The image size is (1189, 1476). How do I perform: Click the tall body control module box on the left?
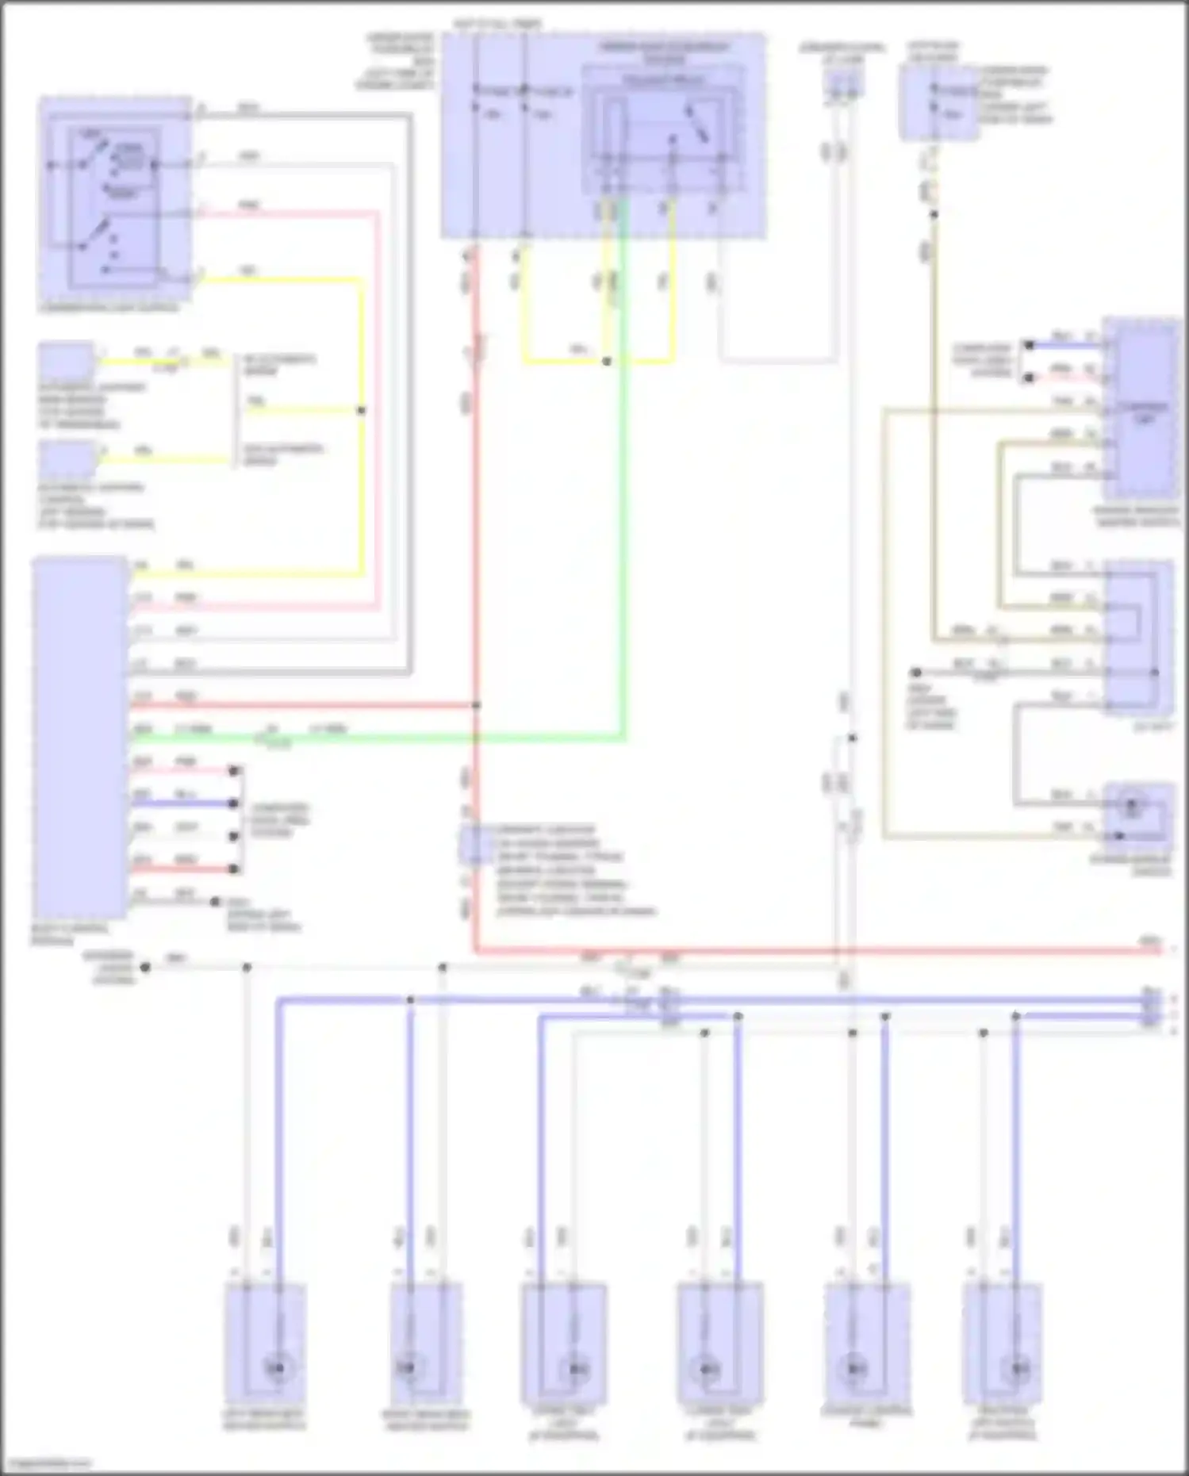coord(79,738)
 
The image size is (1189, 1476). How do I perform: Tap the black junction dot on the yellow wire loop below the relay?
coord(607,362)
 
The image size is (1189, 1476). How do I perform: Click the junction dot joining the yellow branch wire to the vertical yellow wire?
coord(362,411)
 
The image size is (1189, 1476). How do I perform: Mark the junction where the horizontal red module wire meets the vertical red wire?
coord(476,705)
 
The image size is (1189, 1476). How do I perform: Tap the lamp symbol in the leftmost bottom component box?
coord(278,1368)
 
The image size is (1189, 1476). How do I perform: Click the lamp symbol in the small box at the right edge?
coord(1132,806)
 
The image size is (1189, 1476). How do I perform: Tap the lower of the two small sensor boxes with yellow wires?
coord(67,460)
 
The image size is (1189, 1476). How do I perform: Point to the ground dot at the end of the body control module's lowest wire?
coord(215,902)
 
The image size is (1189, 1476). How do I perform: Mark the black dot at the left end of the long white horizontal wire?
coord(144,968)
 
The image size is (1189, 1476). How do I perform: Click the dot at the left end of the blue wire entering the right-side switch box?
coord(1029,346)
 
